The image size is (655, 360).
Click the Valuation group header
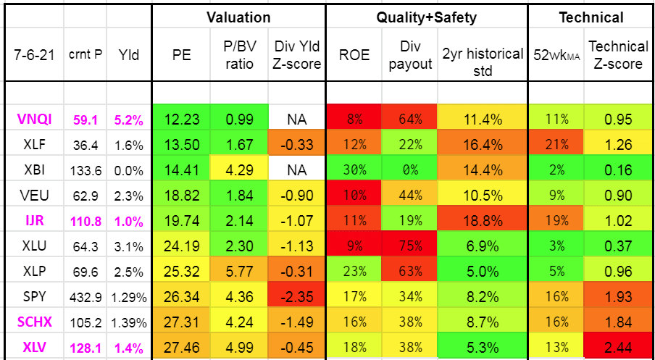coord(238,17)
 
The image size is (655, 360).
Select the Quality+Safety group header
coord(426,17)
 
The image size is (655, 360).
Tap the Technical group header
coord(591,17)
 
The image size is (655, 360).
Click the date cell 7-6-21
coord(32,54)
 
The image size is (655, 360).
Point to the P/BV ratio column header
coord(238,54)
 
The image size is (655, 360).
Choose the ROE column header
coord(354,54)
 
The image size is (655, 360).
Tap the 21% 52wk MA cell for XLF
coord(556,143)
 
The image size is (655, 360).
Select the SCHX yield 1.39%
coord(129,322)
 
